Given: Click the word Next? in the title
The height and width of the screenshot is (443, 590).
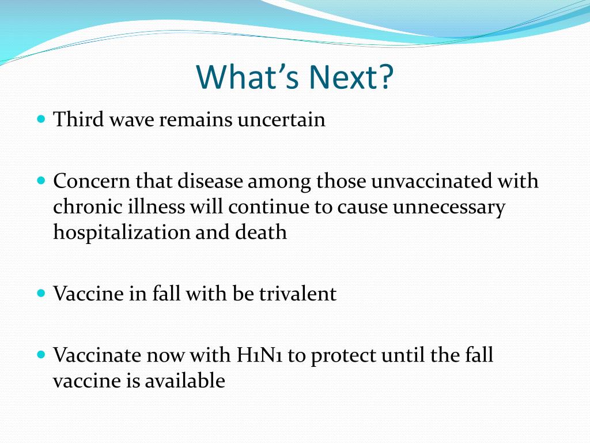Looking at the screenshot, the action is point(351,77).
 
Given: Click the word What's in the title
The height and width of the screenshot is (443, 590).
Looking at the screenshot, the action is point(248,77).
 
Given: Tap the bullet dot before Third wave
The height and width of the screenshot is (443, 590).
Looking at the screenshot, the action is point(41,119).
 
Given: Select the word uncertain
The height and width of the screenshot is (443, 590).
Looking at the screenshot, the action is point(281,119).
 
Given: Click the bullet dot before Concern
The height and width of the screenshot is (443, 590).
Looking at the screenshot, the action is point(41,181).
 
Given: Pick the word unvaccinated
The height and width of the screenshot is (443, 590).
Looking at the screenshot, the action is point(431,181).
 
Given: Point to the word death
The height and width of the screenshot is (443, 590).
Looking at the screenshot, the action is point(261,232).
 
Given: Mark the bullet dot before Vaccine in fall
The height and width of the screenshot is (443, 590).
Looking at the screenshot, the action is point(41,293).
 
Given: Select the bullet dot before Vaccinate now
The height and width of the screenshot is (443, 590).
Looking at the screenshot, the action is point(41,355).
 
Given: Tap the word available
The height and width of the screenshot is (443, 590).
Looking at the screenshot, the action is point(185,381).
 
